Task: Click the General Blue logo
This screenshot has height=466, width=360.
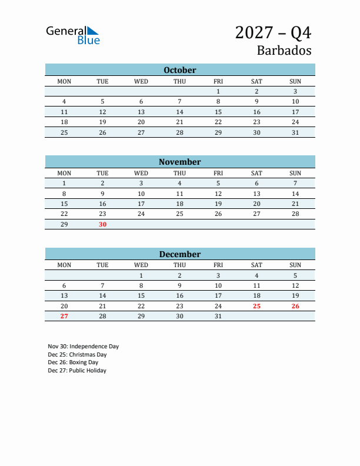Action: [73, 35]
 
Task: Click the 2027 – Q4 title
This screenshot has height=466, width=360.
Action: [273, 32]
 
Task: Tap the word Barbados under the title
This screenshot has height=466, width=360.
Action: [284, 50]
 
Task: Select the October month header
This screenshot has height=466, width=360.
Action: [180, 70]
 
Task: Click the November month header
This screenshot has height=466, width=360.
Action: [180, 162]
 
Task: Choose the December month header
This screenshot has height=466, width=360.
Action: [180, 254]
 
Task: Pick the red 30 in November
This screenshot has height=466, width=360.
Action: [102, 224]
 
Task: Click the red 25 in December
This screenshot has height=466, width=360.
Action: [256, 306]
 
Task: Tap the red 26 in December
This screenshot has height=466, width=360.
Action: [295, 306]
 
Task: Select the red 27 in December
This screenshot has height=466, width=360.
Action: [64, 316]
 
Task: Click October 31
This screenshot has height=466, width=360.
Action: [295, 132]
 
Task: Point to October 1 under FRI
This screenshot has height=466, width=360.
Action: [218, 91]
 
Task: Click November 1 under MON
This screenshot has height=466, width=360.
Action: [64, 183]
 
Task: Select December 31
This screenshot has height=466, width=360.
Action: [218, 316]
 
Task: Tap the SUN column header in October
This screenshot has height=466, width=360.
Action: [295, 81]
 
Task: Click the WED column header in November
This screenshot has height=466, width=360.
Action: [141, 173]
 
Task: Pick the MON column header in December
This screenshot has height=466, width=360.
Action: [64, 265]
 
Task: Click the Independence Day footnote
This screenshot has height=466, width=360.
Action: [83, 347]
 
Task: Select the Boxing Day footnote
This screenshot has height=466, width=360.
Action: [73, 362]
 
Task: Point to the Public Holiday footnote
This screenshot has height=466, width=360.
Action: [77, 371]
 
